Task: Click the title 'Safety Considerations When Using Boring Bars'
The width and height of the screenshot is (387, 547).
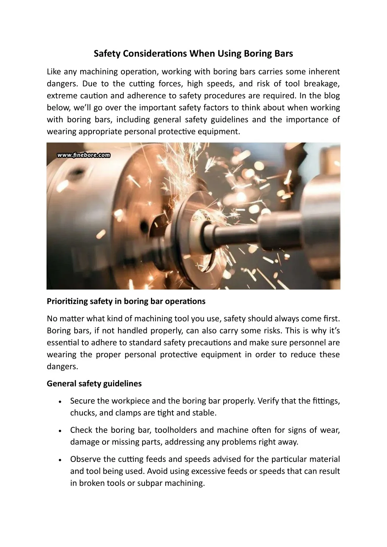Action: pos(193,54)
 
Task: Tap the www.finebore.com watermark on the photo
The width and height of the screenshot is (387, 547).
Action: pos(84,155)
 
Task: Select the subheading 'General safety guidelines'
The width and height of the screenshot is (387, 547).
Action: pos(94,384)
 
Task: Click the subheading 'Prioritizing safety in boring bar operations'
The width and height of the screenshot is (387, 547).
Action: pos(126,301)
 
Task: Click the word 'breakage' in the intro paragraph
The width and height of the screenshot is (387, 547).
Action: pos(323,84)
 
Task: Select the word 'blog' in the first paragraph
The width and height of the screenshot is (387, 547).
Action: pos(331,96)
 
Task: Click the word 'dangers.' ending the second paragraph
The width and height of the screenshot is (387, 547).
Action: pos(62,367)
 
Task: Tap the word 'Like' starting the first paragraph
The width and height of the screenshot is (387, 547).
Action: pos(54,71)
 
